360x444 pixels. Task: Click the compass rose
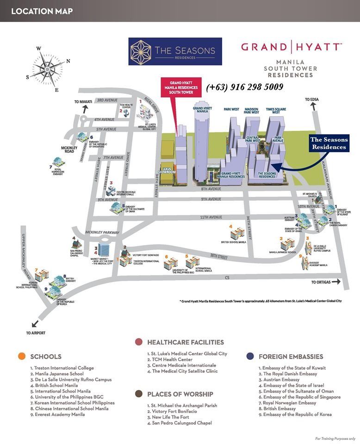click(x=48, y=69)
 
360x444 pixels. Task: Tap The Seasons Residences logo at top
click(x=175, y=51)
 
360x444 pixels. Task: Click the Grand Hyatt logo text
click(x=291, y=47)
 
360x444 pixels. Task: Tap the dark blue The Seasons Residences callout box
click(x=328, y=143)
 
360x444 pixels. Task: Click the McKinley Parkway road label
click(x=103, y=232)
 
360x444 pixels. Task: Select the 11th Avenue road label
click(x=211, y=217)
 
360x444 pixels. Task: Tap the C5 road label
click(x=227, y=277)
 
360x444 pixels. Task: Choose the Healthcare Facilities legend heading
click(x=185, y=342)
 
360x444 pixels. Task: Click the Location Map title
click(x=42, y=11)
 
